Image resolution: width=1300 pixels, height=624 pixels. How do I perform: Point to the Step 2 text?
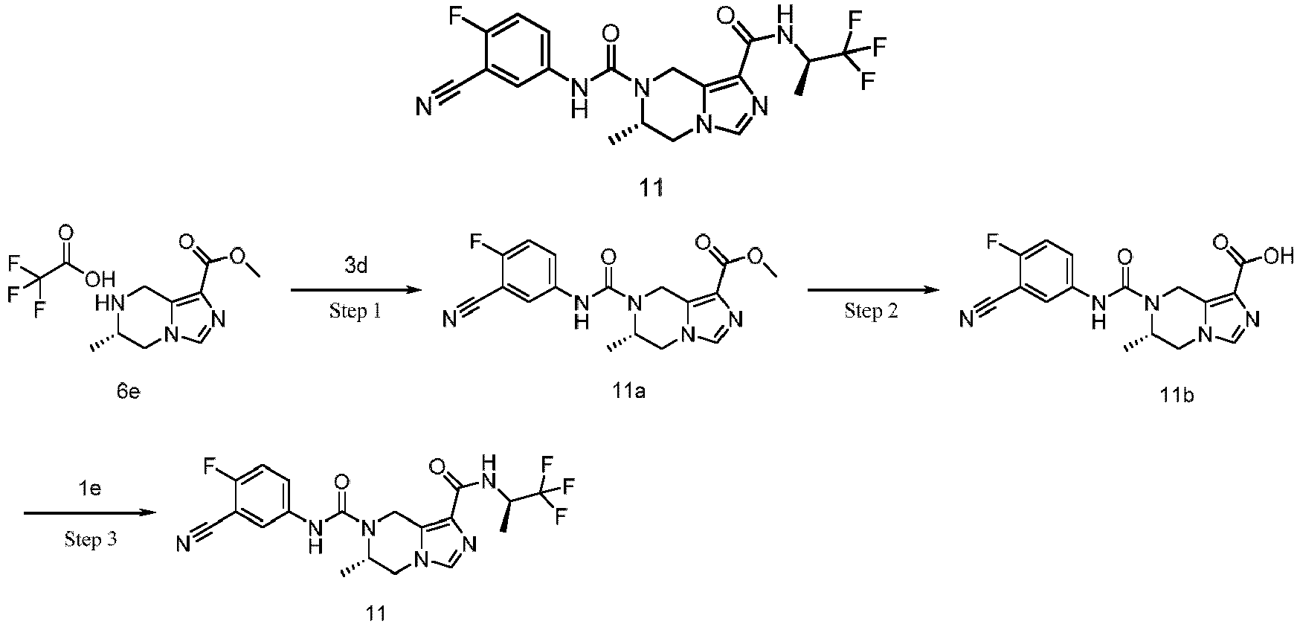[871, 311]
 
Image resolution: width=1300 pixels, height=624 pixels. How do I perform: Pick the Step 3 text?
[90, 539]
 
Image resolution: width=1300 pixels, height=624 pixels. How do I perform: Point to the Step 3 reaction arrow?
[90, 513]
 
